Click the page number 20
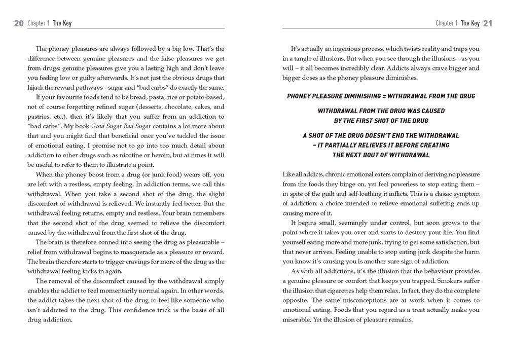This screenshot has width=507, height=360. pos(19,23)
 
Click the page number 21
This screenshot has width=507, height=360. pos(488,23)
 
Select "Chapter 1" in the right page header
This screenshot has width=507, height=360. pos(447,23)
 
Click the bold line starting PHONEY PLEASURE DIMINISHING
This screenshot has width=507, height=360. pos(380,96)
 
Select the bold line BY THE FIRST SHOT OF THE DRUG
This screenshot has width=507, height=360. pos(381,120)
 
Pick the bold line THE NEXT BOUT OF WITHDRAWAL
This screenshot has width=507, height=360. pos(381,155)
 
